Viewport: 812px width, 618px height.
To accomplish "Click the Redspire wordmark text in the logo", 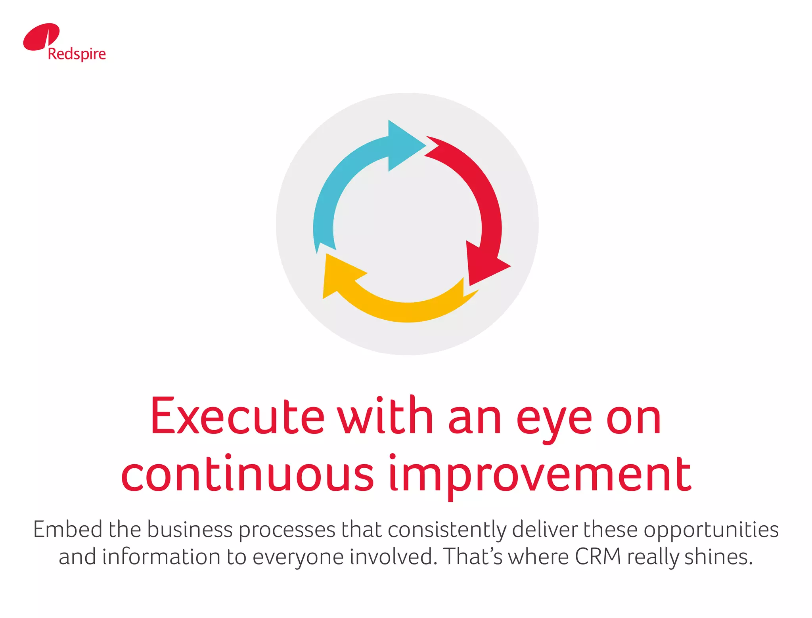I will pos(77,54).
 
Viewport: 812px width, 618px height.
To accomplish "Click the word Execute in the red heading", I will pos(237,416).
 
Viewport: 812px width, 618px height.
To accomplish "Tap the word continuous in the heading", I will pos(247,474).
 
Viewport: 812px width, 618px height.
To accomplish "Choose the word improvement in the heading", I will pos(540,475).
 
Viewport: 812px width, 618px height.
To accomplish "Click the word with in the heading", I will pos(385,416).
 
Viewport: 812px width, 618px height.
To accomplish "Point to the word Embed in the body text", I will pos(67,529).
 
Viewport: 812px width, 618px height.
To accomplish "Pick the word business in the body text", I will pos(190,529).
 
